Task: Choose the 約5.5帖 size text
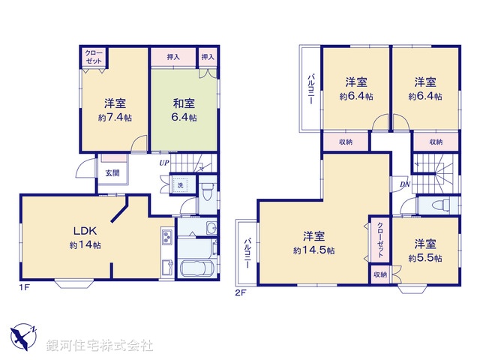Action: click(x=424, y=258)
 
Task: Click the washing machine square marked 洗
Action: click(x=181, y=185)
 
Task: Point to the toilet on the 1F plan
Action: click(x=208, y=194)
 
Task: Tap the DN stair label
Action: click(x=404, y=184)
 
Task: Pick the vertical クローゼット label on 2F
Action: click(x=380, y=239)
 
